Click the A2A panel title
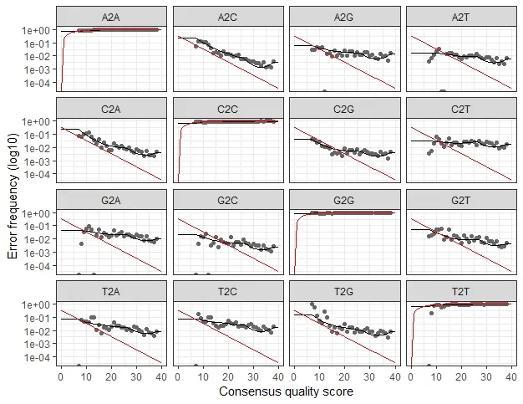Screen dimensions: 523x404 click(111, 18)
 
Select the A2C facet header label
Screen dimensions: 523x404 click(227, 18)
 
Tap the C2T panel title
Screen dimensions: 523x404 click(460, 110)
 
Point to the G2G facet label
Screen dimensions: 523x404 click(344, 201)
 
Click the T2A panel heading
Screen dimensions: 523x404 click(111, 292)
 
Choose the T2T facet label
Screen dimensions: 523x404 click(460, 292)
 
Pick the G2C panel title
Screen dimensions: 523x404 click(227, 201)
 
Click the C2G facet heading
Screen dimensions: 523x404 click(344, 110)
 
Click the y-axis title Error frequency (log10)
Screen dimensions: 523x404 click(13, 196)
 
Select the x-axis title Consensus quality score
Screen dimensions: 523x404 click(287, 391)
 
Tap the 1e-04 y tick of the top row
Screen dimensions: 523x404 click(36, 83)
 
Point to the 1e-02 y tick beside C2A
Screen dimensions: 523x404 click(36, 148)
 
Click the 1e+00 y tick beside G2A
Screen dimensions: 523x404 click(36, 213)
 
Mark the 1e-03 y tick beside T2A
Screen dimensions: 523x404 click(36, 344)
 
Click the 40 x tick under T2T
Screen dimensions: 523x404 click(511, 377)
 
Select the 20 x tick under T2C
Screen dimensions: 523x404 click(228, 377)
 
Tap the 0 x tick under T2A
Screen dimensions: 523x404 click(61, 377)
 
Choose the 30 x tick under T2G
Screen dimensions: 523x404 click(369, 377)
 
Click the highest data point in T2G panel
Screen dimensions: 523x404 click(312, 304)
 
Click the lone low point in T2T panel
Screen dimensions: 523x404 click(432, 313)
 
